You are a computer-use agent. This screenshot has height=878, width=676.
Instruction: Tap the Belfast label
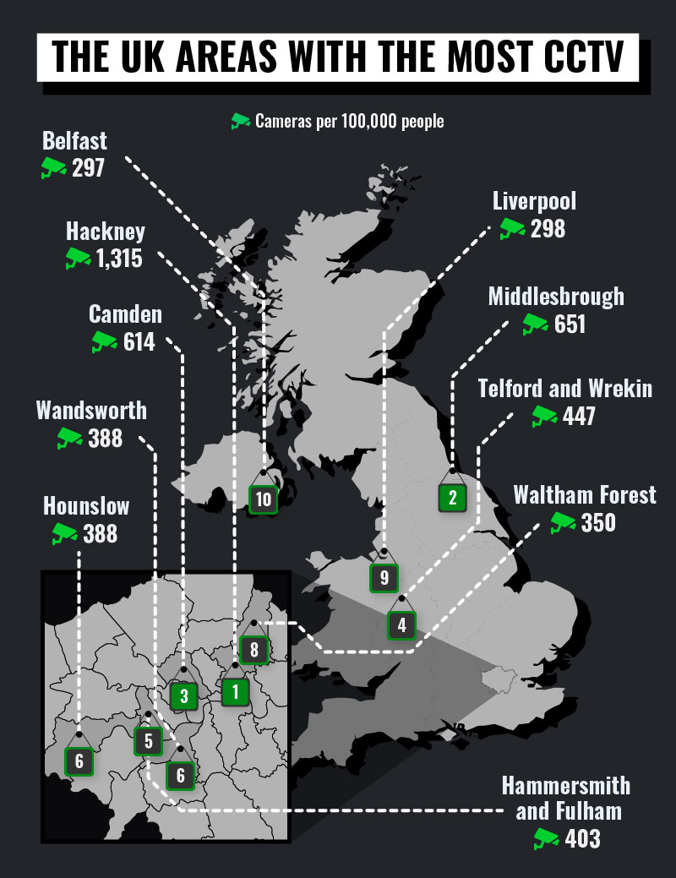76,139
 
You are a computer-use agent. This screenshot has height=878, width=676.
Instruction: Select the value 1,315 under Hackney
119,259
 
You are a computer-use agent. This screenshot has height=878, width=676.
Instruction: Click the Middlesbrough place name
556,297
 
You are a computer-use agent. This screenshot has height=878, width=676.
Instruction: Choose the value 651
570,324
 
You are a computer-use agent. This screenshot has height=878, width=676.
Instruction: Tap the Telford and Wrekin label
565,389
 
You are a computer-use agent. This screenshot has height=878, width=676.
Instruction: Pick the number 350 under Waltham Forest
598,522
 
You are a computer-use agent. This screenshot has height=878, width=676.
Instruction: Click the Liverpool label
534,201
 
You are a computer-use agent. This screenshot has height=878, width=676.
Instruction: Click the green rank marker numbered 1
235,692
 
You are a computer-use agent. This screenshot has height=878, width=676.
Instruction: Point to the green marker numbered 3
183,696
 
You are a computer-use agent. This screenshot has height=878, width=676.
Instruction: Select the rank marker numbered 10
264,499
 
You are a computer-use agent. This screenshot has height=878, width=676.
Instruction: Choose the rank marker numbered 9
384,578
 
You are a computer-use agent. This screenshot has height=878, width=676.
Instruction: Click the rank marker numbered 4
401,625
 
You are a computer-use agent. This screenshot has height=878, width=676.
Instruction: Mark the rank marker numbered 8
253,650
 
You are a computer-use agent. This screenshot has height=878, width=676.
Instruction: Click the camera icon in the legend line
241,121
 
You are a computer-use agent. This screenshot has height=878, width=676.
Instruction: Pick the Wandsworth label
91,411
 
